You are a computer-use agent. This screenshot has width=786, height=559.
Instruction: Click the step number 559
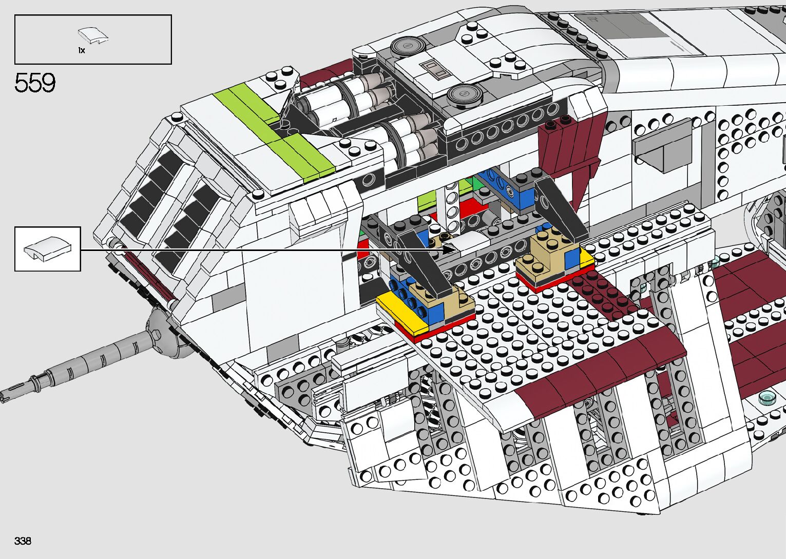tap(35, 83)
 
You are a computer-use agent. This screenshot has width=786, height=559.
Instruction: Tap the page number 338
tap(23, 541)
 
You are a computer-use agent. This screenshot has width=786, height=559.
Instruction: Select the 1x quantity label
tap(82, 50)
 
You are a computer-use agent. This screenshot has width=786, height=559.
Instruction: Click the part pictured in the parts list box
tap(93, 36)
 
